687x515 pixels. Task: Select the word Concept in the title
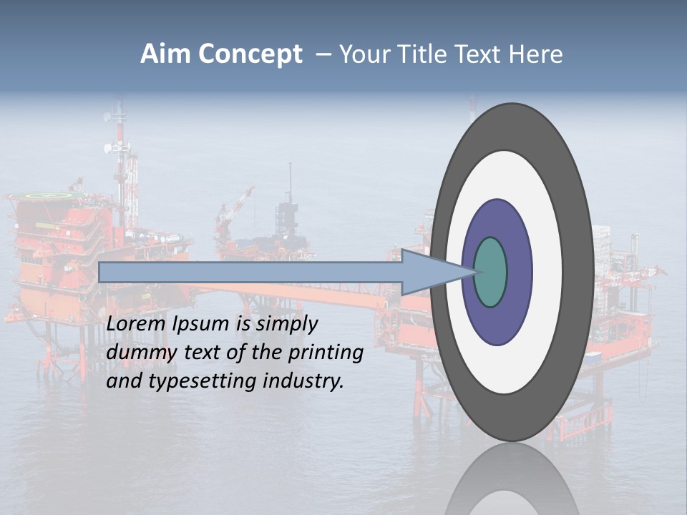pos(250,54)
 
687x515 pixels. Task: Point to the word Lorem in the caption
pos(137,324)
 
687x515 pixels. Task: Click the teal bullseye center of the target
pos(491,272)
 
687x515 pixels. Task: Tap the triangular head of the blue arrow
pos(429,272)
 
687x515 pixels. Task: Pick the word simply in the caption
pos(286,325)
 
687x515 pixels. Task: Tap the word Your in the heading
pos(361,54)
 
